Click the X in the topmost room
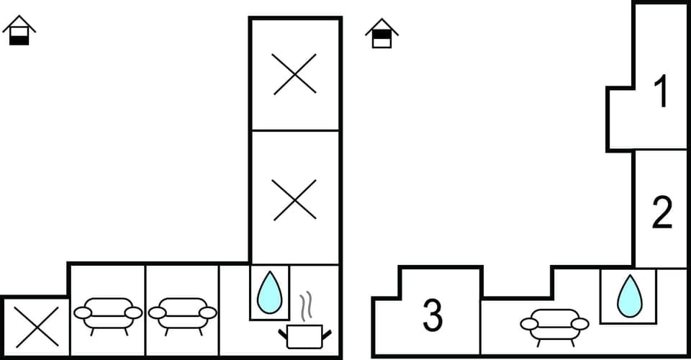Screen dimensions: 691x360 294,73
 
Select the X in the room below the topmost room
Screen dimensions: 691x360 294,199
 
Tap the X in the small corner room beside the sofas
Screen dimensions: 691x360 36,328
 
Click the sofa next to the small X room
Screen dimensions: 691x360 109,315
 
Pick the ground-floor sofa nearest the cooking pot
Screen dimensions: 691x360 183,315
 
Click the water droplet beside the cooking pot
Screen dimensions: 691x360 270,291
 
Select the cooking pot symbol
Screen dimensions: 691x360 305,336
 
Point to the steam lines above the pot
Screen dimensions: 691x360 305,306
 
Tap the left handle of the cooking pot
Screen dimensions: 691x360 282,332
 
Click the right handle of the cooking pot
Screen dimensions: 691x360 328,332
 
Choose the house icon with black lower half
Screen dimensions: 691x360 19,31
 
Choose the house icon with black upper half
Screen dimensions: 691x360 381,34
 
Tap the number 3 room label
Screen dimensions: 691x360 432,316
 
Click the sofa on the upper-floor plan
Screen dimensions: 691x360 554,326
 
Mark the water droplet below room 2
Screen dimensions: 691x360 629,295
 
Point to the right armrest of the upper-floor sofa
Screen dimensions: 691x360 580,324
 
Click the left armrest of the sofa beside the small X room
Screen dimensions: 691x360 83,312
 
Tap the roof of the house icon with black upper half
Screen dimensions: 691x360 381,24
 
